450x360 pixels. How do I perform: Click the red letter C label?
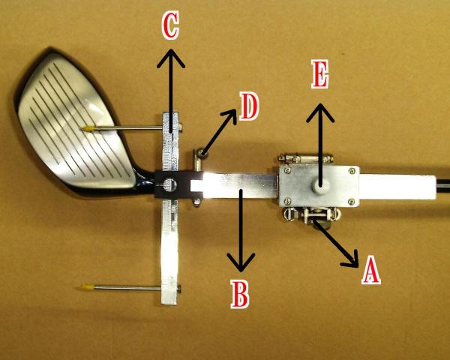pos(170,25)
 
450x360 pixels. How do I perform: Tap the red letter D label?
pos(249,107)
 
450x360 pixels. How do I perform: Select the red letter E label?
pos(320,74)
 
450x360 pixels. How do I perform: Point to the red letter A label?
pos(371,270)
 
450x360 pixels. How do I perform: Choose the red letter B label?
pos(240,295)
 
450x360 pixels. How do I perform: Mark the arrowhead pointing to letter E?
pos(320,112)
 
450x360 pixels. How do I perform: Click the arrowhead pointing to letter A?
pos(352,259)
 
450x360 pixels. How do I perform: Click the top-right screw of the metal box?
pos(352,171)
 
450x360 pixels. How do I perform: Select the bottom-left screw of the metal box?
pos(287,201)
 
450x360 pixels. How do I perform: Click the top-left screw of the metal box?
pos(286,171)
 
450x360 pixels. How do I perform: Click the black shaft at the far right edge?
pos(443,185)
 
